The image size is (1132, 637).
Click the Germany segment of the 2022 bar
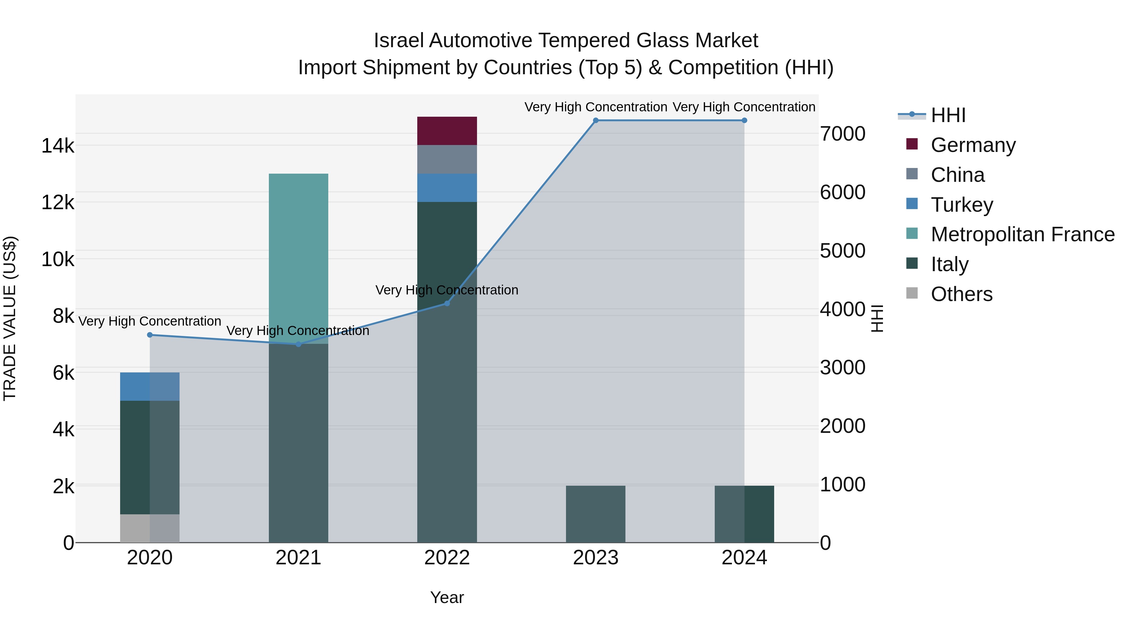[447, 131]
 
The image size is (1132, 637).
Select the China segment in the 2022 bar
[447, 159]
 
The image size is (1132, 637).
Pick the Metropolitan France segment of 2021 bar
[298, 259]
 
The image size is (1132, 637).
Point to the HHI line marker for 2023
[596, 120]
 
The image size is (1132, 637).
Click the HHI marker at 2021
[298, 344]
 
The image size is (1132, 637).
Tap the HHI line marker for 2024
[744, 120]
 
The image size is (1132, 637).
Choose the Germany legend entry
[973, 145]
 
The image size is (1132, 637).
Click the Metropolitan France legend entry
[1022, 234]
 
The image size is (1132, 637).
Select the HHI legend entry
[947, 115]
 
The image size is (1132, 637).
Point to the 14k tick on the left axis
[58, 146]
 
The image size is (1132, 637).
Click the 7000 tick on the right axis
[842, 134]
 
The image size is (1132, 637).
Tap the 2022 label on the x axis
[447, 558]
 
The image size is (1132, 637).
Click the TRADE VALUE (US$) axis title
[10, 318]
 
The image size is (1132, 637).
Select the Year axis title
[447, 597]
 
